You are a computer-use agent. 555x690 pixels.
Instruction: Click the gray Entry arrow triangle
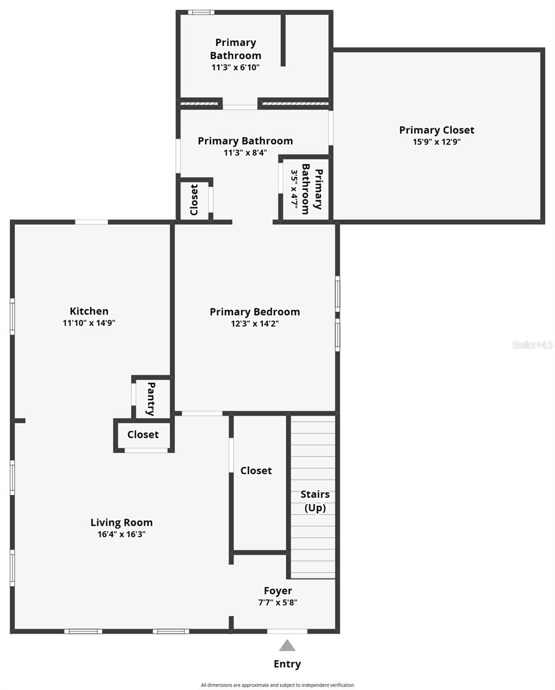point(287,645)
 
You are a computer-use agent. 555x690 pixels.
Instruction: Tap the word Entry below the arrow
point(287,664)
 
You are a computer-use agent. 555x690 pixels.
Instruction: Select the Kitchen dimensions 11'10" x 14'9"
point(89,323)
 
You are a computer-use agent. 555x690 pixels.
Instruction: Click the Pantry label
point(151,399)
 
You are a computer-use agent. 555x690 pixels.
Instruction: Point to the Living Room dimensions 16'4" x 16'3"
point(121,534)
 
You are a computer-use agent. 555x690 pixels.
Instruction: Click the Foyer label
point(278,591)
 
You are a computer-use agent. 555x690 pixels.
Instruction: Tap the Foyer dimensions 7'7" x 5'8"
point(278,603)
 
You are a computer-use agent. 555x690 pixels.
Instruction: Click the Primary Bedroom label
point(255,312)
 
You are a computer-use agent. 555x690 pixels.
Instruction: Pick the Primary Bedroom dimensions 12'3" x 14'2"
point(255,324)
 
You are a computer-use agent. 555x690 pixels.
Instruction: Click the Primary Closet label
point(437,130)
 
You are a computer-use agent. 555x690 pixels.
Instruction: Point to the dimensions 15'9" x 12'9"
point(437,141)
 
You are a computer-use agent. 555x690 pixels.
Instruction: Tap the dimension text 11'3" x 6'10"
point(235,67)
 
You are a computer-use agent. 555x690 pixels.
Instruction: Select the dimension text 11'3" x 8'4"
point(246,152)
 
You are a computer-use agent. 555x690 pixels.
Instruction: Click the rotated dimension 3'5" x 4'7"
point(294,189)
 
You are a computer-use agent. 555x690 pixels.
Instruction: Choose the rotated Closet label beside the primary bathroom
point(194,200)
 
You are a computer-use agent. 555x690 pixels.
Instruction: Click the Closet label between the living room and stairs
point(256,470)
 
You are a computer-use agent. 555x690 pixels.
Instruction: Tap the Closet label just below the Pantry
point(143,435)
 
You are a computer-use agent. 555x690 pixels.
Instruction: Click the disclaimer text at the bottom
point(277,685)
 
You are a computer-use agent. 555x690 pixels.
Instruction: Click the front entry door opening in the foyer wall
point(287,631)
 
